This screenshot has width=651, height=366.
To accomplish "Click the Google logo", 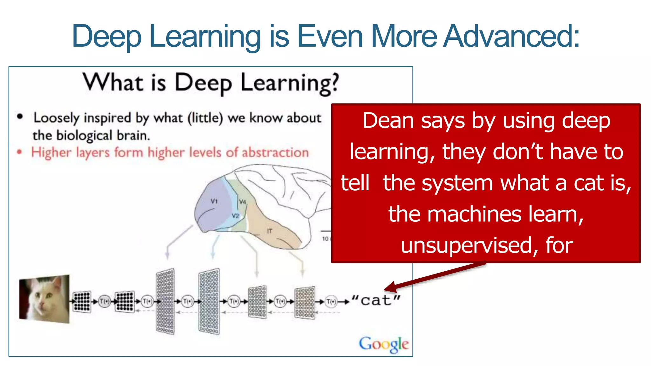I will [x=384, y=344].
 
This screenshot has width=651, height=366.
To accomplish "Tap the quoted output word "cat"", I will [x=376, y=300].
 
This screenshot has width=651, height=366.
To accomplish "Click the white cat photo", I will [x=44, y=299].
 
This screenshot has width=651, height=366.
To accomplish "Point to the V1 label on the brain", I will [x=214, y=201].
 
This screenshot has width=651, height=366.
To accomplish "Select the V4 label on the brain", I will [x=243, y=202].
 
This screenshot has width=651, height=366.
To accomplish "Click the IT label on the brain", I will [x=270, y=231].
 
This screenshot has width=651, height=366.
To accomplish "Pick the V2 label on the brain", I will [x=235, y=216].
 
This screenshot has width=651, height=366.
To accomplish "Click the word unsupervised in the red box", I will [x=466, y=246].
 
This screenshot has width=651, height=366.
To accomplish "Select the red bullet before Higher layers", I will [x=20, y=152].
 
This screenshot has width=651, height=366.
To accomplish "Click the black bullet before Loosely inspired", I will [x=20, y=117].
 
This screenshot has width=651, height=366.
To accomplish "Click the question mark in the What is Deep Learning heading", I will [x=334, y=83].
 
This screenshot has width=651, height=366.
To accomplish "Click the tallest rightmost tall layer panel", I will [x=209, y=301].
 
